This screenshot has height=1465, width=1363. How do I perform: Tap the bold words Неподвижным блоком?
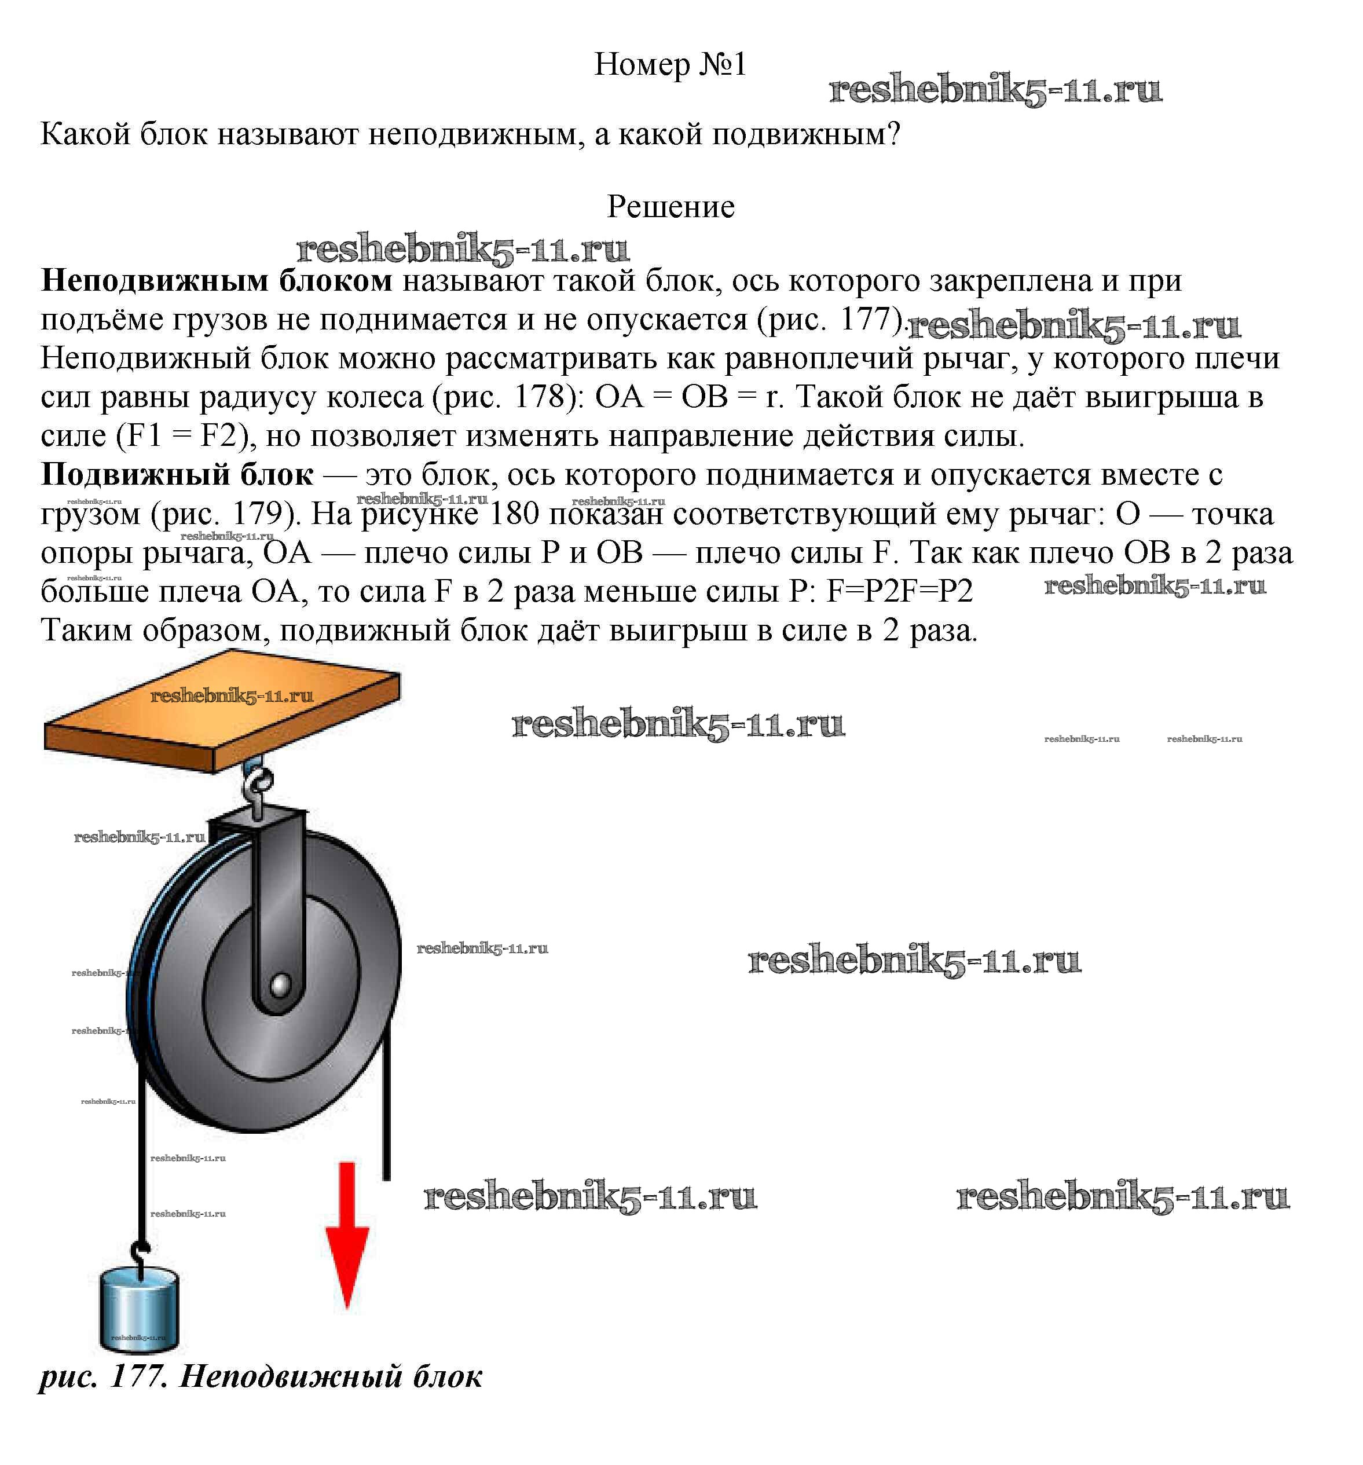pos(217,281)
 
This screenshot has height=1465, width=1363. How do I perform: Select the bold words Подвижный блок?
pos(177,475)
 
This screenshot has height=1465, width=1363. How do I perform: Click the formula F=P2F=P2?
pos(899,592)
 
